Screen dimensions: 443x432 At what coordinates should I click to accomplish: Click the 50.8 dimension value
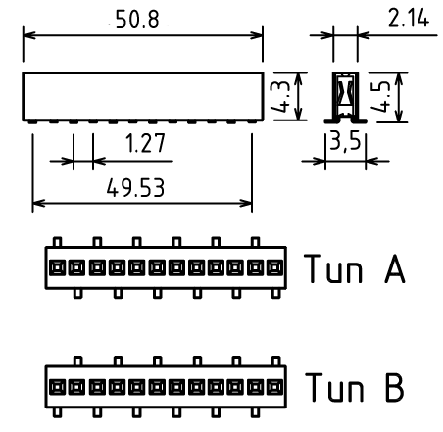point(137,20)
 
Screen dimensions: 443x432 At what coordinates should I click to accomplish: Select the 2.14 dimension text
point(409,18)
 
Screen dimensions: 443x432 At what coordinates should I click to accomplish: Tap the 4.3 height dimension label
point(280,97)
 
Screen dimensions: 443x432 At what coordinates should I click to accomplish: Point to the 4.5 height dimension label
point(381,97)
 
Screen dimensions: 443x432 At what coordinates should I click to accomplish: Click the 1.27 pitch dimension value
point(145,143)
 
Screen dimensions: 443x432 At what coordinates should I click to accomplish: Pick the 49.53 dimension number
point(135,188)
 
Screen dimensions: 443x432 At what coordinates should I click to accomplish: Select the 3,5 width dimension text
point(345,141)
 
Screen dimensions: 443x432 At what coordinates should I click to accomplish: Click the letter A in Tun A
point(395,268)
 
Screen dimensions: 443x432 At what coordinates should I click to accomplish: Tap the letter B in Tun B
point(395,387)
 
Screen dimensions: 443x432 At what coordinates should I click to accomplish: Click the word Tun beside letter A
point(333,268)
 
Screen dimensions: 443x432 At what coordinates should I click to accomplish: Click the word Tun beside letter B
point(334,387)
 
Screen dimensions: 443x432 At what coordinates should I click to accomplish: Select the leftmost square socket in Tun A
point(57,268)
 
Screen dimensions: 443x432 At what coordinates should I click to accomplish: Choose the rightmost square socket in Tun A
point(274,268)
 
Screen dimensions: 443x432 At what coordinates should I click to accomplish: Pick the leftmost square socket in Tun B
point(57,387)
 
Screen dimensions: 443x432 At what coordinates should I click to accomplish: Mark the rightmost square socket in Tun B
point(274,387)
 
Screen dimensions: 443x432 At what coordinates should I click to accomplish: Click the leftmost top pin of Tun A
point(57,242)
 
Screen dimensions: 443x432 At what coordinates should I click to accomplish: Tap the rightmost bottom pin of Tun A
point(276,293)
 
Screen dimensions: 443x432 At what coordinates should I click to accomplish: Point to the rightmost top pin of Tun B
point(276,361)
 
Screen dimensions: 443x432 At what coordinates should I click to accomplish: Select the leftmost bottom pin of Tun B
point(57,412)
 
